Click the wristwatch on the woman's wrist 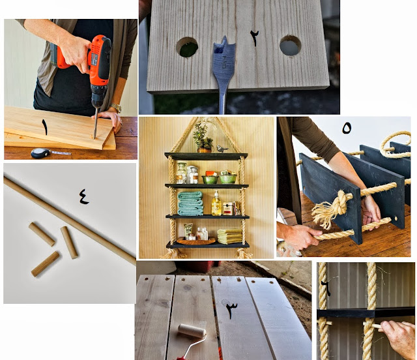pyautogui.click(x=116, y=108)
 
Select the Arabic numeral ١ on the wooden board pyautogui.click(x=45, y=127)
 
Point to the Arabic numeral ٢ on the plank pyautogui.click(x=254, y=38)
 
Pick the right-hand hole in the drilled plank pyautogui.click(x=290, y=46)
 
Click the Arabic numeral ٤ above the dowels pyautogui.click(x=84, y=196)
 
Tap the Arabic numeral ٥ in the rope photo pyautogui.click(x=347, y=128)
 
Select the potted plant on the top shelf pyautogui.click(x=203, y=138)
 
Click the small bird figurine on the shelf pyautogui.click(x=222, y=149)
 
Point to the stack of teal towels pyautogui.click(x=190, y=203)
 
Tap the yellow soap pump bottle pyautogui.click(x=216, y=203)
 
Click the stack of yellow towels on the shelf pyautogui.click(x=229, y=236)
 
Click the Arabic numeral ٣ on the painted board pyautogui.click(x=232, y=310)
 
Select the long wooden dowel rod pyautogui.click(x=70, y=220)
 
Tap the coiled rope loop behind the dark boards pyautogui.click(x=395, y=145)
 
